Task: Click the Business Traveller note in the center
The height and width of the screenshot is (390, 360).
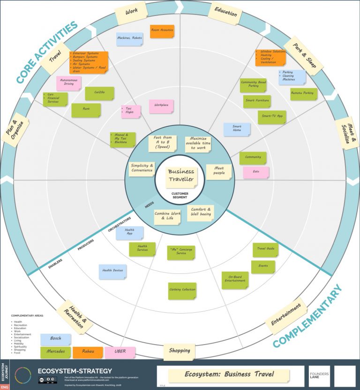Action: pyautogui.click(x=180, y=175)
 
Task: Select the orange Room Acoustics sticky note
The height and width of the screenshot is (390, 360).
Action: pyautogui.click(x=162, y=31)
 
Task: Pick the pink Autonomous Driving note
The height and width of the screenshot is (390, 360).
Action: pyautogui.click(x=69, y=83)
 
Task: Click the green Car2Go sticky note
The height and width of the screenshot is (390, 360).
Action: pyautogui.click(x=99, y=93)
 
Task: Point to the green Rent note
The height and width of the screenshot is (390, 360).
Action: pyautogui.click(x=86, y=110)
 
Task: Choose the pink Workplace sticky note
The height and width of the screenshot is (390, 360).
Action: pyautogui.click(x=161, y=106)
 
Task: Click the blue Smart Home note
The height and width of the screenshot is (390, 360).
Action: pyautogui.click(x=237, y=129)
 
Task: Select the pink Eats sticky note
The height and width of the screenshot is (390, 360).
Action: pyautogui.click(x=256, y=172)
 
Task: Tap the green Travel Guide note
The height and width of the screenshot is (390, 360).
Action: pyautogui.click(x=266, y=250)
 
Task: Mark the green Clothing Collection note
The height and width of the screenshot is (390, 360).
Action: pyautogui.click(x=182, y=290)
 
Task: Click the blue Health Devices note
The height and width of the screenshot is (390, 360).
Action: pyautogui.click(x=112, y=272)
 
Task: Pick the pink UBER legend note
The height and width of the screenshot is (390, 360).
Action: pyautogui.click(x=120, y=352)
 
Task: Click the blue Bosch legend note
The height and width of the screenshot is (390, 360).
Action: pyautogui.click(x=56, y=339)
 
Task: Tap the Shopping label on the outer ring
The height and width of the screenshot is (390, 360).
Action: pyautogui.click(x=180, y=351)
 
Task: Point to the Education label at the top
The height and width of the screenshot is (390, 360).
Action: pyautogui.click(x=225, y=13)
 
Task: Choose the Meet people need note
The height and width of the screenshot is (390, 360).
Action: pyautogui.click(x=219, y=171)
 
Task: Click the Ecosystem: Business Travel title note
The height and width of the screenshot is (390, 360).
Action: pyautogui.click(x=229, y=375)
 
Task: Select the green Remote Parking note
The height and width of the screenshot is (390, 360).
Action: pyautogui.click(x=303, y=94)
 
